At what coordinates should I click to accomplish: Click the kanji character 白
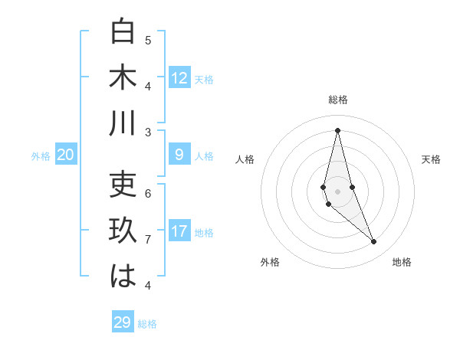(123, 32)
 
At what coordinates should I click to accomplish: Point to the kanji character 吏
(123, 186)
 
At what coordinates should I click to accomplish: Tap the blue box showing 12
(179, 78)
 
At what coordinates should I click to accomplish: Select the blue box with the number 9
(179, 155)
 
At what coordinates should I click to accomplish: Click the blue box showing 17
(179, 231)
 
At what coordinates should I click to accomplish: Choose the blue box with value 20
(66, 155)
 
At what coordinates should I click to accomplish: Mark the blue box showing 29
(122, 322)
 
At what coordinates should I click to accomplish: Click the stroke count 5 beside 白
(148, 41)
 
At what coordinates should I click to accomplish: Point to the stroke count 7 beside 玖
(148, 240)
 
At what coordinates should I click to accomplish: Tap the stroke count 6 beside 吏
(148, 193)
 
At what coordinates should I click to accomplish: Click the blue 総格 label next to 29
(147, 324)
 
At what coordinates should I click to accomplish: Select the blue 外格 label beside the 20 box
(41, 156)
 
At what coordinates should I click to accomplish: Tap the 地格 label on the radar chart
(402, 262)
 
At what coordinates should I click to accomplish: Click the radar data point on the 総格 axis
(337, 130)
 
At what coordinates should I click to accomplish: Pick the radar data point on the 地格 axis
(374, 242)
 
